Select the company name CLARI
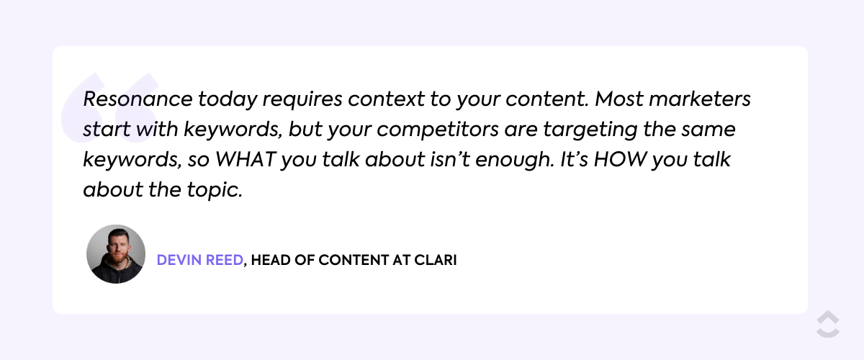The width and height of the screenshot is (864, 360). [x=435, y=260]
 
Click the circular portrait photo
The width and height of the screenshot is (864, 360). [x=116, y=253]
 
